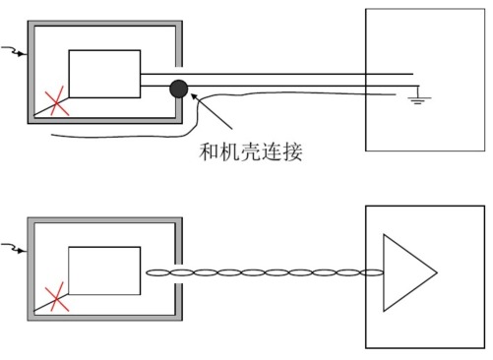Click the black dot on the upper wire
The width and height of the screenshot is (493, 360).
click(178, 90)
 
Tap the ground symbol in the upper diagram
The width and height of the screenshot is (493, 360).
click(417, 98)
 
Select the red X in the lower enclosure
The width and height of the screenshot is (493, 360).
click(55, 296)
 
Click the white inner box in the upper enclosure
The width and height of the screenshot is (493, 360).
click(103, 74)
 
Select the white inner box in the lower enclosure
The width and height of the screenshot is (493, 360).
click(103, 271)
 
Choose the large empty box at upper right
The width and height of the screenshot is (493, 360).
click(425, 79)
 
